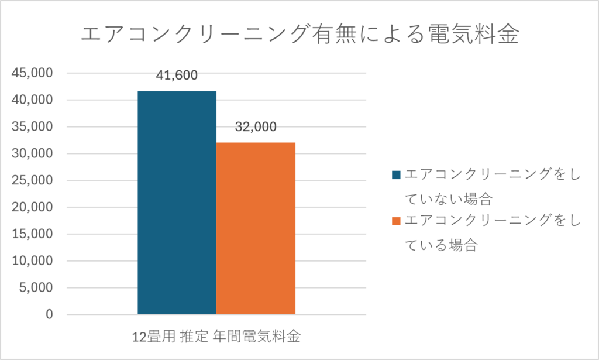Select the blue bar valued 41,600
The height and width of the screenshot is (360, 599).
[x=177, y=202]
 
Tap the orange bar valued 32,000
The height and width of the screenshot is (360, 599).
[x=256, y=228]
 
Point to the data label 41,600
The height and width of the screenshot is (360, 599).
[x=177, y=75]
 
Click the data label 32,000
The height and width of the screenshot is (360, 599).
[x=256, y=127]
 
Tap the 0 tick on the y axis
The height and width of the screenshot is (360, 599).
[x=49, y=315]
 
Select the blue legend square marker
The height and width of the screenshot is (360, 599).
[x=397, y=174]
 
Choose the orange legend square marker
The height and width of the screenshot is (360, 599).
[x=397, y=221]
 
